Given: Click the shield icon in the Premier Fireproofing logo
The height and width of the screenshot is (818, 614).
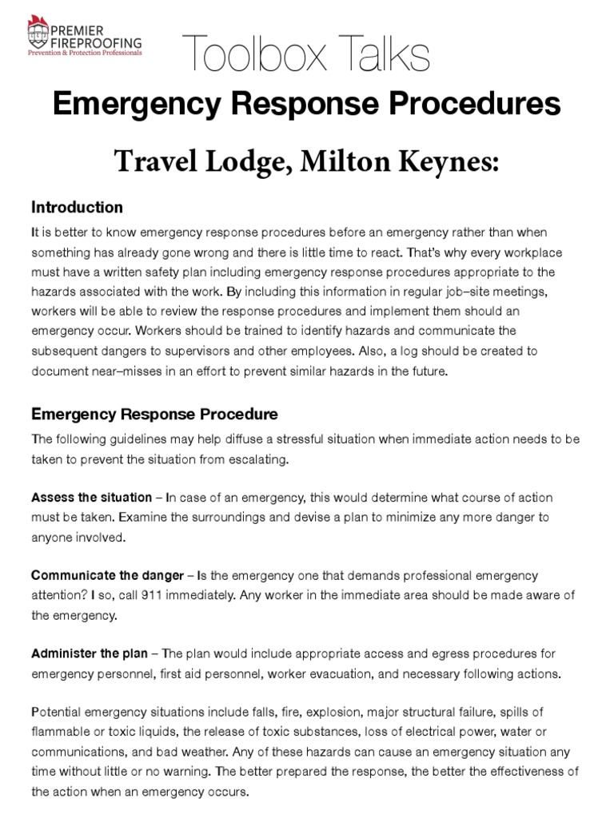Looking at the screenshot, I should click(35, 34).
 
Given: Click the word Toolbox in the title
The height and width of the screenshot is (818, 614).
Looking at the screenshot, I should click(249, 56).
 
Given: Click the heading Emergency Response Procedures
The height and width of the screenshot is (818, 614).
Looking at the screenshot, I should click(307, 104).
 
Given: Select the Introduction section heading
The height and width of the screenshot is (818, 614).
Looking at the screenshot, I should click(77, 208).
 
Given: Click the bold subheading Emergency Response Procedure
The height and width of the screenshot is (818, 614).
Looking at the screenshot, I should click(154, 415).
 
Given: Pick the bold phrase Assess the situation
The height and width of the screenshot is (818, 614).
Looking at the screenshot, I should click(91, 498).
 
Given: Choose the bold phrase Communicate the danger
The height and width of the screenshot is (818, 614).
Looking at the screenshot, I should click(107, 576).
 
